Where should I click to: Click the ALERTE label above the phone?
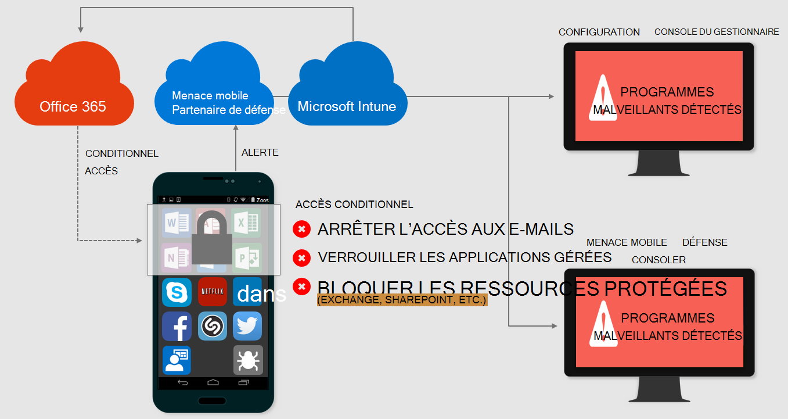click(260, 152)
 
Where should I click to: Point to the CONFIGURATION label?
click(599, 32)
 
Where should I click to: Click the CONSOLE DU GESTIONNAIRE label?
click(717, 31)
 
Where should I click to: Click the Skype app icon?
click(177, 292)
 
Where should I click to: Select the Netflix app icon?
click(212, 292)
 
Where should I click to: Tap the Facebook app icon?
click(177, 326)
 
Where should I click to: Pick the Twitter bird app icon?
click(247, 326)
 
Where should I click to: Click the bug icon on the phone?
click(248, 360)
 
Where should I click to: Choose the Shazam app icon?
click(212, 326)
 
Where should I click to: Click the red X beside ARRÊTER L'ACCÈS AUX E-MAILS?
click(301, 230)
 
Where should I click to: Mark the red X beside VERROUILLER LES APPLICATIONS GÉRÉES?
click(301, 257)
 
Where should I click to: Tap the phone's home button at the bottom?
click(213, 382)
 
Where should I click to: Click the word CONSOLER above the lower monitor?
click(659, 260)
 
